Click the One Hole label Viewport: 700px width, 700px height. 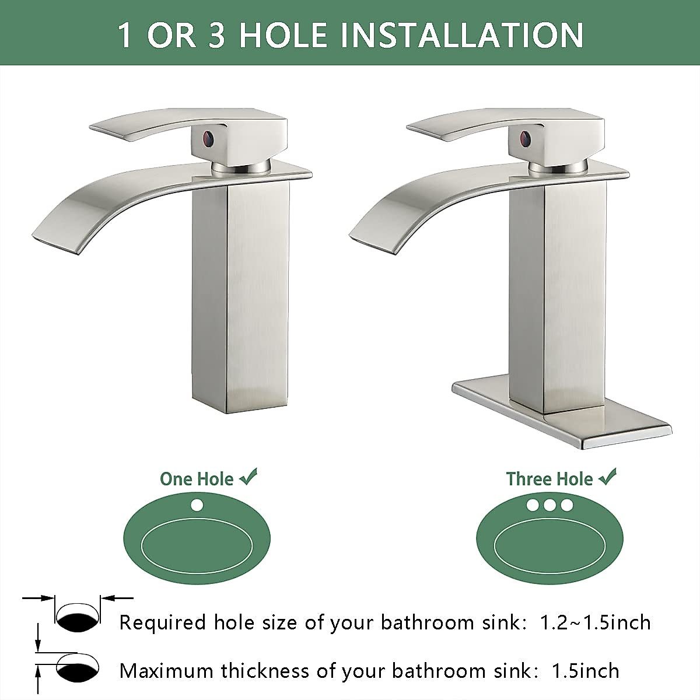tap(197, 479)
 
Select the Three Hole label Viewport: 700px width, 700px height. tap(549, 479)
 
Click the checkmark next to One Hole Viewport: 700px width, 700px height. tap(248, 478)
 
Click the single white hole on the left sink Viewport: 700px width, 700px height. tap(197, 505)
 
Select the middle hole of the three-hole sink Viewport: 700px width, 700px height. tap(549, 505)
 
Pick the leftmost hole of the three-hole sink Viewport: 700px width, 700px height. tap(533, 505)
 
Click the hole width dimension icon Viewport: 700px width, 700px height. tap(78, 620)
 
